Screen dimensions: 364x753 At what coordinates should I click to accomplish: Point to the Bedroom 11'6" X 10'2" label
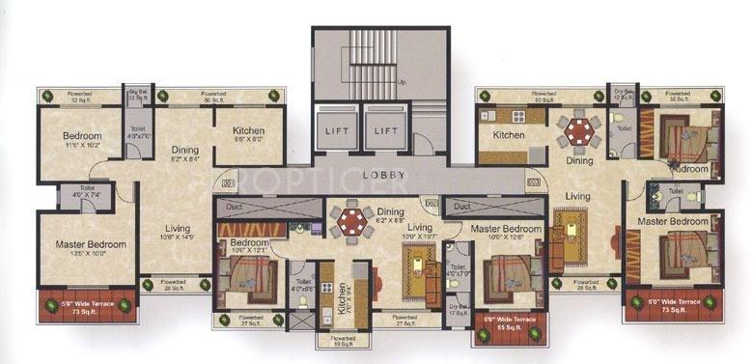[82, 139]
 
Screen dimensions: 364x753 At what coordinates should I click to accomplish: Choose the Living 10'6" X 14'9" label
[183, 232]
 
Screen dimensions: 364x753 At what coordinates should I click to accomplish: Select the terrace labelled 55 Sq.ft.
[509, 322]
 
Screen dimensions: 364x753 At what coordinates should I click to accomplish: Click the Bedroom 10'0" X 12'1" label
[248, 246]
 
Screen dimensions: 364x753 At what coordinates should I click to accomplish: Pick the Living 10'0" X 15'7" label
[420, 232]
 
